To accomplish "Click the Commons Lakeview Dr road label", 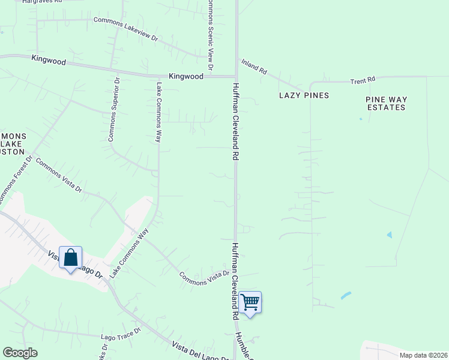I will pos(125,29).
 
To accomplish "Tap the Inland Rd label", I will pos(254,67).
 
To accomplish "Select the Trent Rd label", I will pos(363,79).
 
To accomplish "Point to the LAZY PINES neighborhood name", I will pos(304,95).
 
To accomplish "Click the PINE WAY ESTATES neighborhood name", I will pos(386,103).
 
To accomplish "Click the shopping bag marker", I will pos(70,258).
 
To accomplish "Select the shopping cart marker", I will pos(250,302).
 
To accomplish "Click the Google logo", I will pos(20,353).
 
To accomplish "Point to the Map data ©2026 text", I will pos(423,355).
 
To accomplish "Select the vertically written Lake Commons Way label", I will pos(159,112).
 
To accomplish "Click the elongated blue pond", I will pos(346,296).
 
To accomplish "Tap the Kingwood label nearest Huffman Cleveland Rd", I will pos(187,77).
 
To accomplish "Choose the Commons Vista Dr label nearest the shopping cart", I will pos(204,278).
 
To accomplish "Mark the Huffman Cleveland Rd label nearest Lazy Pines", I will pos(236,121).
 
